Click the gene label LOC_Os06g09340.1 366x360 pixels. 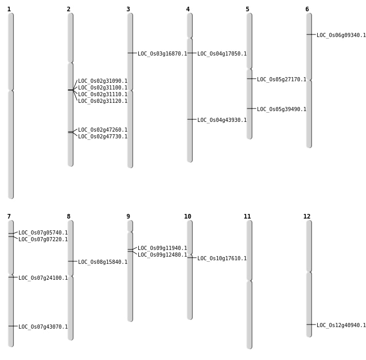point(341,35)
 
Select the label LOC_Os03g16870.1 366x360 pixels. point(162,53)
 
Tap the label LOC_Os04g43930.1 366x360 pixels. point(222,120)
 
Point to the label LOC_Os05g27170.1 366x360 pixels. point(282,79)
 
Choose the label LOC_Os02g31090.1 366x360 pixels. point(103,81)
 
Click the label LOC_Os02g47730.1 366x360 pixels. point(103,136)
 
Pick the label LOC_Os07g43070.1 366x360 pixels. point(43,327)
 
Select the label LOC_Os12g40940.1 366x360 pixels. point(341,325)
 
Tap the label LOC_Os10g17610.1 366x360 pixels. point(222,259)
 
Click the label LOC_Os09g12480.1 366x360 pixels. point(162,255)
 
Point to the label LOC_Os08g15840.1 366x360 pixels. point(103,262)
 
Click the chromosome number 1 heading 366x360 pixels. point(9,9)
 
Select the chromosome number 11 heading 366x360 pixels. point(247,217)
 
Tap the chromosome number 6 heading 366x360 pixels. point(307,9)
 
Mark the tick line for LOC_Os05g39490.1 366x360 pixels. point(252,109)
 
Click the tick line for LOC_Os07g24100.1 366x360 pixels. point(13,277)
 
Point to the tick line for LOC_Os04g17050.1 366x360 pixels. point(192,53)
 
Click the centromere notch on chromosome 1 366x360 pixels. point(11,90)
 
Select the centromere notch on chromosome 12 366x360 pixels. point(309,272)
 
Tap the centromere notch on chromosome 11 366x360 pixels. point(249,280)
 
